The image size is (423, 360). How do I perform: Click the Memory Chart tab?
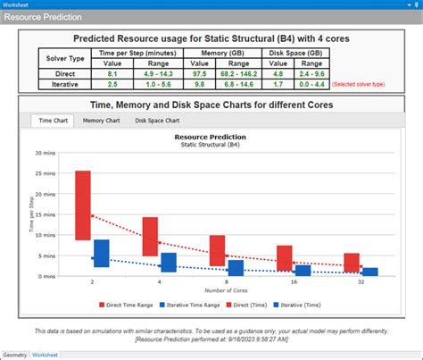[103, 121]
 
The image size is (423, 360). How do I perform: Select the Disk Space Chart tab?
[157, 121]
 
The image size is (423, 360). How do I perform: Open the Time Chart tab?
[51, 121]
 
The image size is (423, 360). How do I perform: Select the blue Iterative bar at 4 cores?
[169, 262]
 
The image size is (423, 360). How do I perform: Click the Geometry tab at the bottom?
[15, 355]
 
